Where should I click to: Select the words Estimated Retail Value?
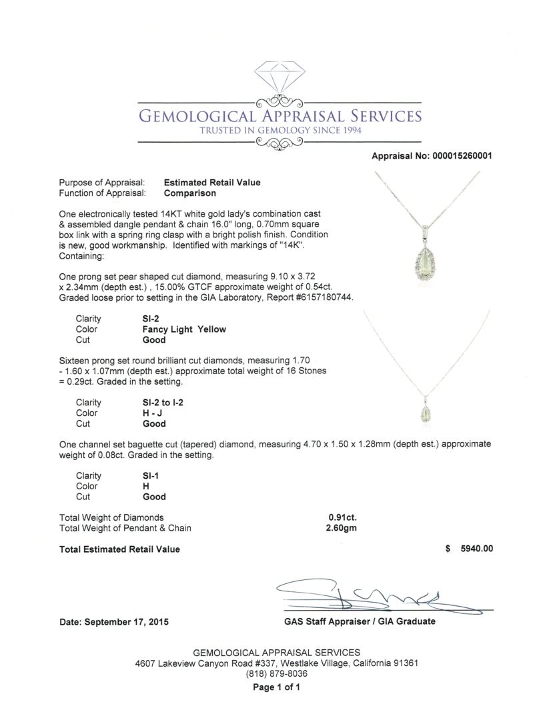pos(212,182)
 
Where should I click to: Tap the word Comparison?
pos(190,193)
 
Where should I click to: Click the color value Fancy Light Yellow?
pos(179,329)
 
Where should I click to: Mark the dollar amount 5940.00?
pos(472,549)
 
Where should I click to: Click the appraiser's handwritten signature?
pos(354,593)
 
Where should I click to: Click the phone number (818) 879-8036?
pos(276,674)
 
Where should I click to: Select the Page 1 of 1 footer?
pos(276,687)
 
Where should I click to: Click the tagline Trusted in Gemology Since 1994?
pos(280,131)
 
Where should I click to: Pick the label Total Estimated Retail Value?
pos(119,549)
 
